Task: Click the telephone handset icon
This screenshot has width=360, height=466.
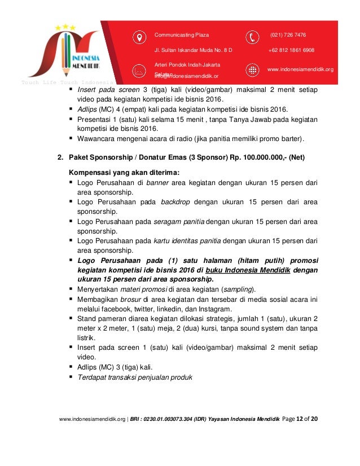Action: pyautogui.click(x=252, y=37)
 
